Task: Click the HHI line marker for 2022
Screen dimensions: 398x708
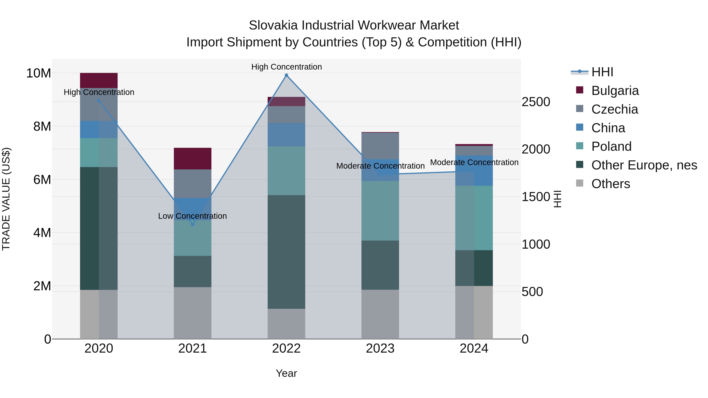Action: (x=286, y=75)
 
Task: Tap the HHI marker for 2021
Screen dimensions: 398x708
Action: (x=193, y=224)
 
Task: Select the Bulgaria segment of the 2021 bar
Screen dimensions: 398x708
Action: (x=193, y=158)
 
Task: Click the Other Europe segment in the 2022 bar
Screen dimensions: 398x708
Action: (x=286, y=252)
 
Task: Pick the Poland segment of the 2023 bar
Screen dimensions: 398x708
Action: (x=380, y=211)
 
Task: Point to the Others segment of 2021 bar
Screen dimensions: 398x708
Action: (x=193, y=313)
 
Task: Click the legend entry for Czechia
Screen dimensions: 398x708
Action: (x=615, y=109)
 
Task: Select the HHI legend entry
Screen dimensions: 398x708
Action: (x=602, y=72)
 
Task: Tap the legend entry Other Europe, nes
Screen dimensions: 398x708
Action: (x=644, y=165)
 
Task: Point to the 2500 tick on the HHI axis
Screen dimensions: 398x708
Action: (x=536, y=102)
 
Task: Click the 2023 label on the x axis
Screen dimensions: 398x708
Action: (x=380, y=348)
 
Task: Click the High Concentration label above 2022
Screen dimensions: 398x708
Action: (x=286, y=67)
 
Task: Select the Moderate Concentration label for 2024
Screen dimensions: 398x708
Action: (x=474, y=162)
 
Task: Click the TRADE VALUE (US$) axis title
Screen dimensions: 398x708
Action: (x=6, y=199)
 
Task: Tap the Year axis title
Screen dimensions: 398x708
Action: (x=286, y=373)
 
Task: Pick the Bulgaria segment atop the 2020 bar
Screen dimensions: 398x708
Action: (x=99, y=80)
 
